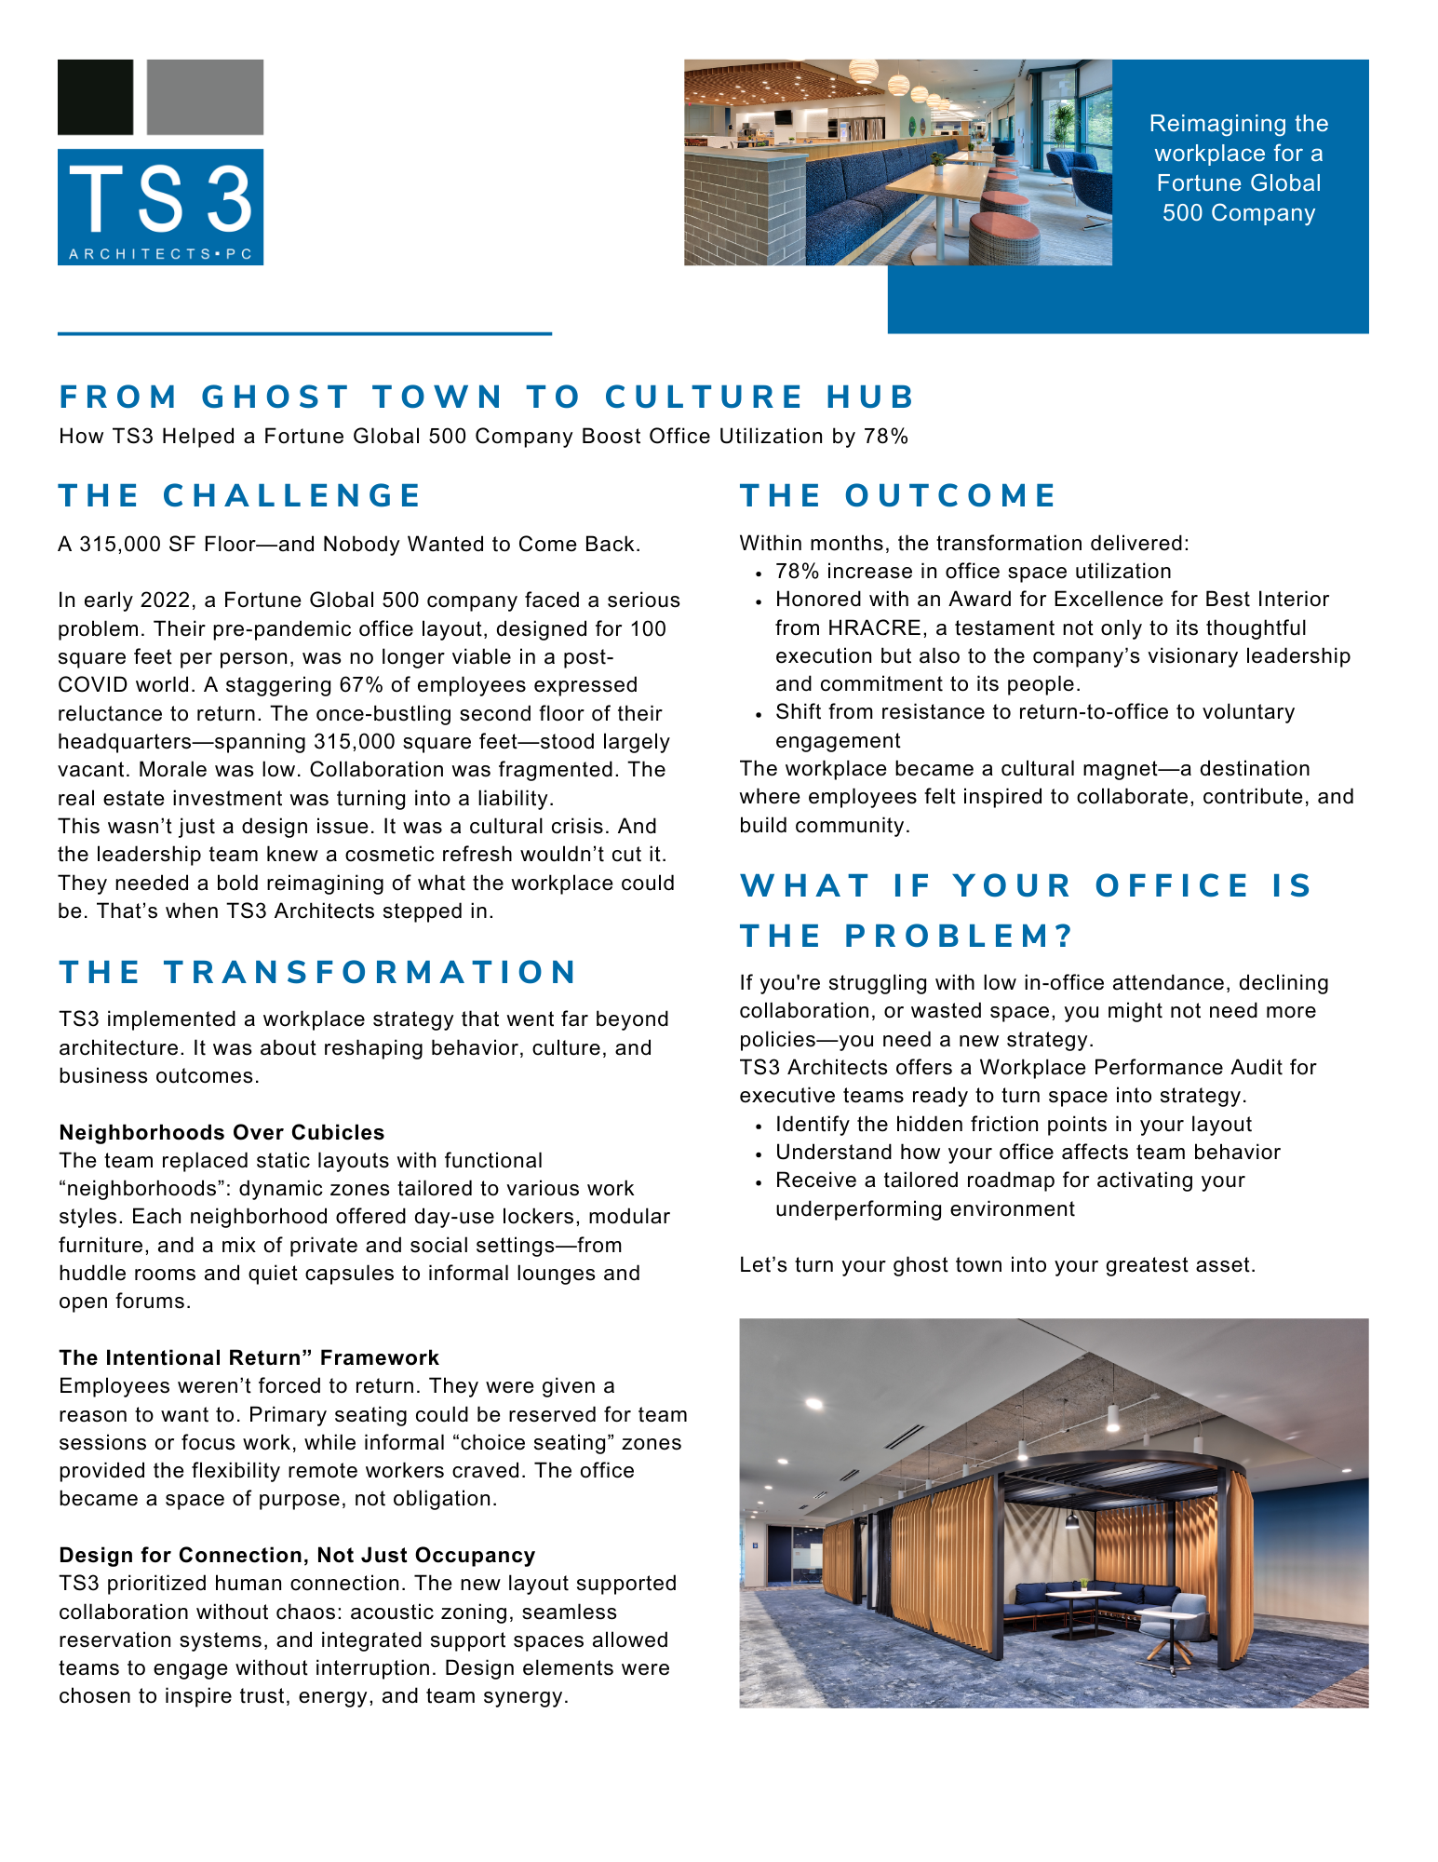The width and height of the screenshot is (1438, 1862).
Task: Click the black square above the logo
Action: (x=95, y=97)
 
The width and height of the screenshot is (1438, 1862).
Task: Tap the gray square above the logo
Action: (x=205, y=97)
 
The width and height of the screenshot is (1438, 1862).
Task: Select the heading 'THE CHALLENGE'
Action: (x=240, y=495)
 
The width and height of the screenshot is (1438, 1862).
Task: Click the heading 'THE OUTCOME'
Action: (x=898, y=495)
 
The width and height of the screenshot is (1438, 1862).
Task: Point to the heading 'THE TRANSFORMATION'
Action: (x=318, y=972)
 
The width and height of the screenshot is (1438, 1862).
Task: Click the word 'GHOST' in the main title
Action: (x=276, y=397)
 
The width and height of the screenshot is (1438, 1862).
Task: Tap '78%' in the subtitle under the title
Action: (x=885, y=437)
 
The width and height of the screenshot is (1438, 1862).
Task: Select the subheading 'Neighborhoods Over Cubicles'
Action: (x=222, y=1132)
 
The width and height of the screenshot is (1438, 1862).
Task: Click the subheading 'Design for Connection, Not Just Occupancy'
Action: (x=297, y=1555)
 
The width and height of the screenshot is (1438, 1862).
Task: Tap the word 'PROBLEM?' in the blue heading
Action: (x=959, y=936)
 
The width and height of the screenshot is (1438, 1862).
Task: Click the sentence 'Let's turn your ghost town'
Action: (x=997, y=1264)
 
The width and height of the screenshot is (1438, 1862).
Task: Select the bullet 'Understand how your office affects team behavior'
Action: (x=1028, y=1153)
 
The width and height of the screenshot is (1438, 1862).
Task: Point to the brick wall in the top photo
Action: (x=731, y=209)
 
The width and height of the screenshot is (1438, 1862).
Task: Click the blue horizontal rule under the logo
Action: (x=304, y=333)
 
